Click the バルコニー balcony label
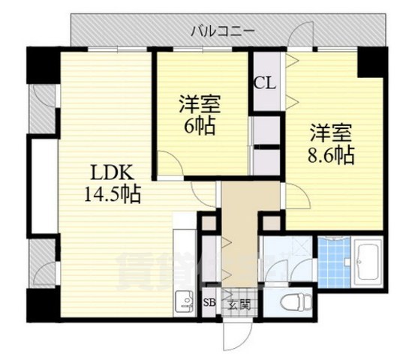click(x=223, y=30)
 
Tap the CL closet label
click(x=264, y=82)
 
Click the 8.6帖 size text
click(x=329, y=156)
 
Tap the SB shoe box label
click(x=210, y=304)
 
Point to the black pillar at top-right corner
click(x=371, y=62)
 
